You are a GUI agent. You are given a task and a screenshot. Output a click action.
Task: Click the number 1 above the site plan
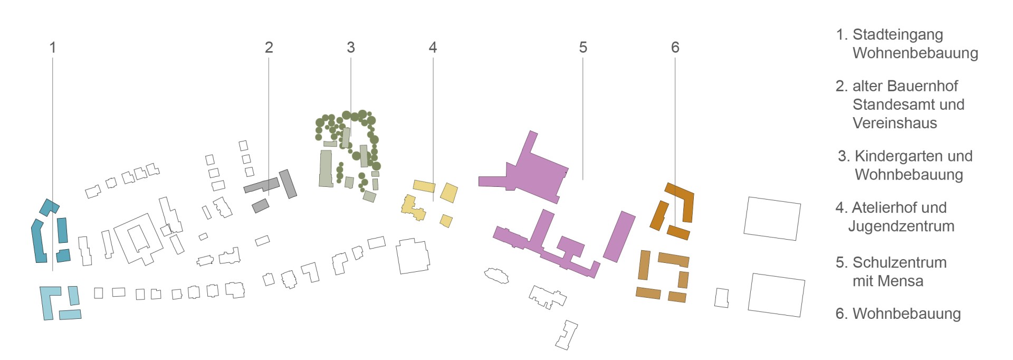53,48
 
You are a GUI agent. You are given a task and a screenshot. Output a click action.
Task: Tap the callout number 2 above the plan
269,48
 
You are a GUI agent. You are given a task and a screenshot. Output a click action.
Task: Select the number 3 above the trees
351,48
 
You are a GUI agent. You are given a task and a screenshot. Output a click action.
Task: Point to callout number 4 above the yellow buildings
433,48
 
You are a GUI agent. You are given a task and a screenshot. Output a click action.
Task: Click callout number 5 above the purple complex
583,48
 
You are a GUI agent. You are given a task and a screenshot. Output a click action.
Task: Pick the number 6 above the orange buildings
675,48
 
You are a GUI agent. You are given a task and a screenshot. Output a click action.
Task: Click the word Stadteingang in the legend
897,35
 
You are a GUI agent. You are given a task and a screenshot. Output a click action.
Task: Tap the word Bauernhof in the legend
924,86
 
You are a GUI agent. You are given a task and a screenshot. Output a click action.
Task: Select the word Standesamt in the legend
894,105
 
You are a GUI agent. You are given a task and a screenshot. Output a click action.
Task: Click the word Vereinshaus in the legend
895,123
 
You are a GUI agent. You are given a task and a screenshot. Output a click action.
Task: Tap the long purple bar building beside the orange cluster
619,236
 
